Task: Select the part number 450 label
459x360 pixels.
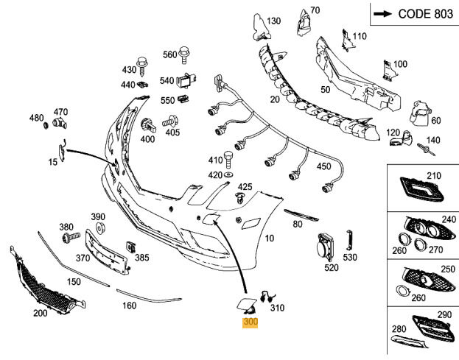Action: [323, 166]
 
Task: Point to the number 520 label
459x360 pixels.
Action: [331, 267]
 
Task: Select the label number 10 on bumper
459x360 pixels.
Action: [269, 238]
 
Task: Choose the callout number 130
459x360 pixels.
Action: [273, 21]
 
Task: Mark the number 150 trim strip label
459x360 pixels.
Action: [74, 282]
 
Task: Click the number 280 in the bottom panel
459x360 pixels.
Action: [399, 328]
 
